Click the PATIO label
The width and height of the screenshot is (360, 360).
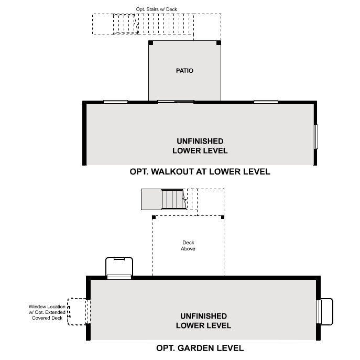tap(184, 70)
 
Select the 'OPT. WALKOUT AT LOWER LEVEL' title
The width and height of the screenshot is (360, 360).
tap(200, 171)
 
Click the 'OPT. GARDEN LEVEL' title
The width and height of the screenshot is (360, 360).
tap(200, 348)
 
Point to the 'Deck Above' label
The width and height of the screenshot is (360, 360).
tap(188, 246)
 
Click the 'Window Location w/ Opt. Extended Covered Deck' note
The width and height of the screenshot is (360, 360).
tap(48, 312)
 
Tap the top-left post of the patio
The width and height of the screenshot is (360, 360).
tap(151, 43)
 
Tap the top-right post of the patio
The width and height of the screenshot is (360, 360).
tap(219, 43)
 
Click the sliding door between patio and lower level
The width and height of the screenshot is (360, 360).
tap(176, 101)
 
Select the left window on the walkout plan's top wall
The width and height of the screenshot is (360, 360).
tap(115, 101)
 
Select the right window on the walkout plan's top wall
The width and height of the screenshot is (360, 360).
tap(266, 101)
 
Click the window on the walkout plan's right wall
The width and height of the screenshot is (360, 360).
tap(316, 137)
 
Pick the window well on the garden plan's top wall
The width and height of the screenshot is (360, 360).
tap(119, 268)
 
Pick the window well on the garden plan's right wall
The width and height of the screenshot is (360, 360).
tap(325, 312)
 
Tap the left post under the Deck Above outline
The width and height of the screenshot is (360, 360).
tap(153, 217)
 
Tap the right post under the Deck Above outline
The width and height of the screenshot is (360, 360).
tap(223, 217)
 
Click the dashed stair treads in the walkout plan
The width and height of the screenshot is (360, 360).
tap(125, 24)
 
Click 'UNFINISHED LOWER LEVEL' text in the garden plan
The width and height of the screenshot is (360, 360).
tap(203, 321)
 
